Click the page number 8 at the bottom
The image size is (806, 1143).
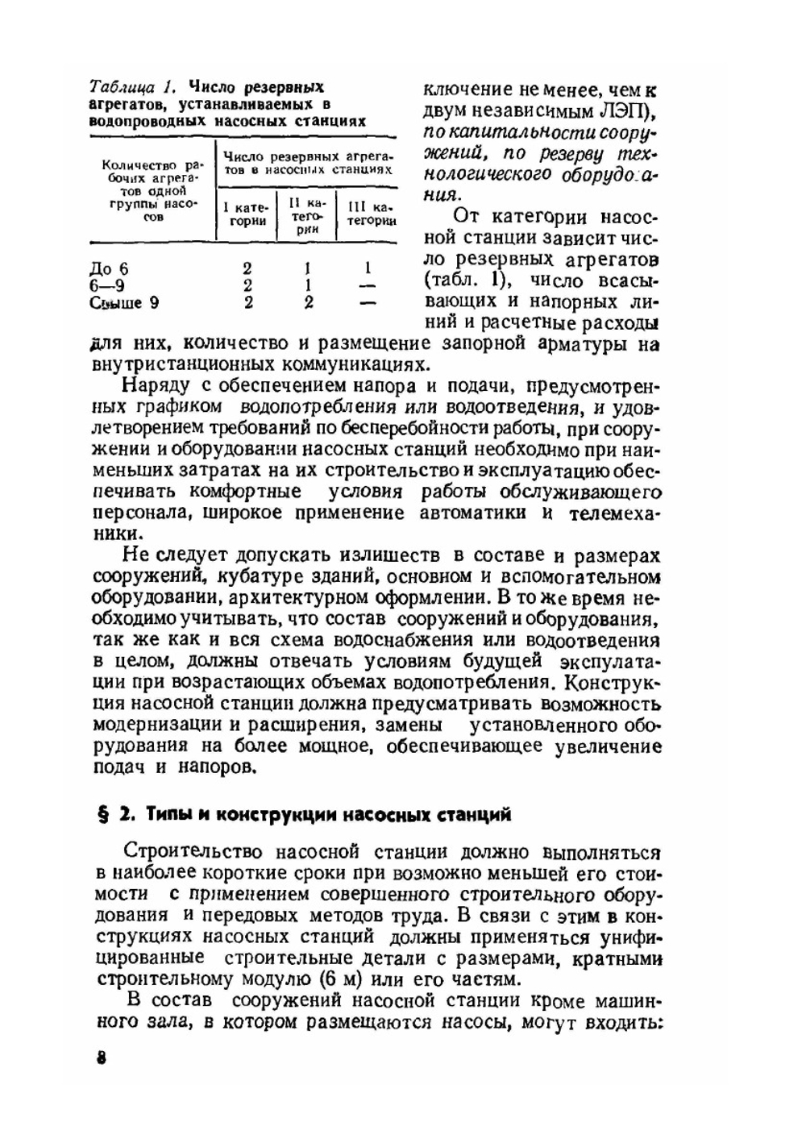[x=102, y=1058]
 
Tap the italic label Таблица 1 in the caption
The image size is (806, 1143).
[x=132, y=87]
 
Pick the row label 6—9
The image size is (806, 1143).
[x=107, y=286]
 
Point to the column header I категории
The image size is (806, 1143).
[x=246, y=214]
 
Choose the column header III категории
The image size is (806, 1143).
[x=370, y=214]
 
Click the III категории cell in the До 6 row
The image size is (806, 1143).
[x=368, y=268]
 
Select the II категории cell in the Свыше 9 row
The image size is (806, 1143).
[x=308, y=303]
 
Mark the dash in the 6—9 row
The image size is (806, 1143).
[x=368, y=286]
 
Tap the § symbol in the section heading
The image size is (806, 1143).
[x=102, y=814]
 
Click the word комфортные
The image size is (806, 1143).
[x=246, y=492]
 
